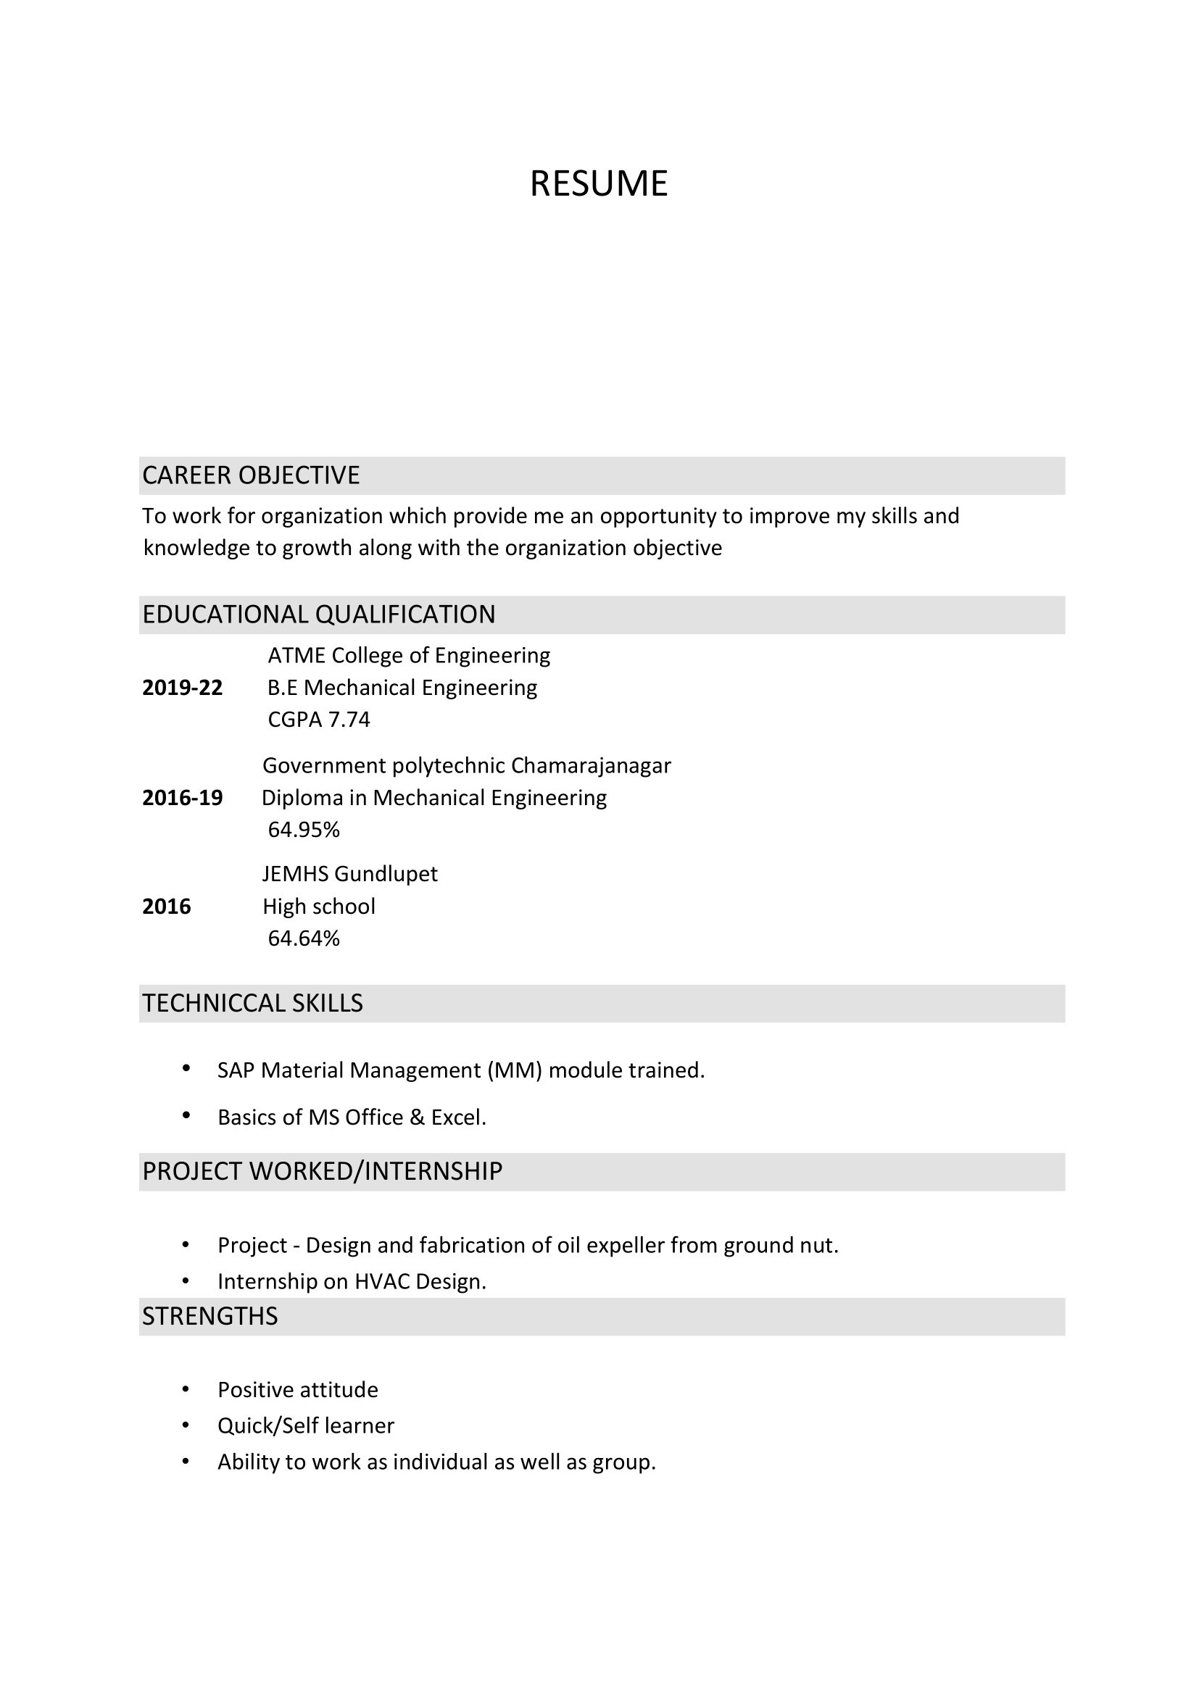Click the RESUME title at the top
tap(599, 183)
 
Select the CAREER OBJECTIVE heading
tap(251, 475)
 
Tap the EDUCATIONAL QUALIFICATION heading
tap(319, 615)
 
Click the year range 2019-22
tap(183, 687)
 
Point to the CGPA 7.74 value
tap(319, 719)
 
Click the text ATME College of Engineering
tap(409, 656)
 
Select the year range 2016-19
tap(183, 797)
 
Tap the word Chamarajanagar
tap(591, 765)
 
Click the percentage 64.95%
tap(304, 830)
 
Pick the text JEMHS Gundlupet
tap(350, 874)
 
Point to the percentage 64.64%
tap(304, 938)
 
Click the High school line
tap(319, 906)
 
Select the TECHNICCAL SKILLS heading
tap(252, 1003)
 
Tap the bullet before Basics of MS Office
tap(186, 1115)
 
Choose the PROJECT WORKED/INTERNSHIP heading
tap(323, 1172)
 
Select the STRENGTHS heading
tap(210, 1316)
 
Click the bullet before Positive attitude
tap(186, 1390)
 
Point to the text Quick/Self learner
tap(306, 1425)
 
